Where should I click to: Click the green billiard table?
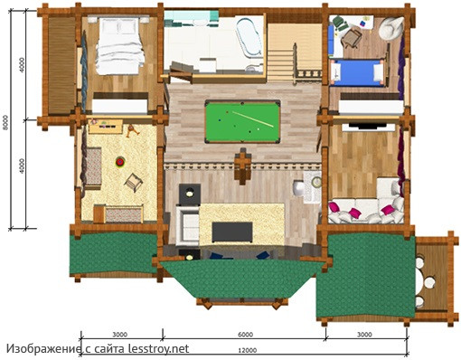[x=242, y=121]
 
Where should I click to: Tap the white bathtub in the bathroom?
[x=249, y=37]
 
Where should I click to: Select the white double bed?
[x=119, y=46]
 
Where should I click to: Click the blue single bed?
[x=357, y=71]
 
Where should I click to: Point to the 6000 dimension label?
[x=245, y=335]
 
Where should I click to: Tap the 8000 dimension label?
[x=5, y=122]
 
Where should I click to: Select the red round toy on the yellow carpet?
[x=120, y=162]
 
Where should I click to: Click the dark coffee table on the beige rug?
[x=232, y=232]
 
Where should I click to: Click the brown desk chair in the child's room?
[x=352, y=38]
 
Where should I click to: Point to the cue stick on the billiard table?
[x=253, y=119]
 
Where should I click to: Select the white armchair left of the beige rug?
[x=187, y=224]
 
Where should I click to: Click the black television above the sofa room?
[x=368, y=126]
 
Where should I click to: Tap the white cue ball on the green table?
[x=259, y=129]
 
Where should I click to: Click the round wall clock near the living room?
[x=316, y=181]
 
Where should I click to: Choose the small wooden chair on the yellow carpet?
[x=133, y=182]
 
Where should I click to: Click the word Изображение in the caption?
[x=43, y=349]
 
